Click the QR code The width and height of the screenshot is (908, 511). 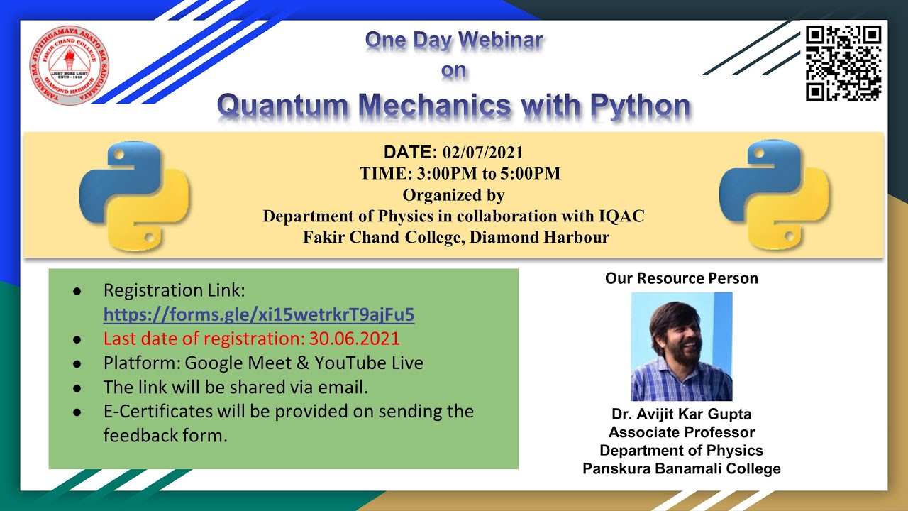843,63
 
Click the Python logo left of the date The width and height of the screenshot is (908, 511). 134,195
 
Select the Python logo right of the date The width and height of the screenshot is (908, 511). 774,195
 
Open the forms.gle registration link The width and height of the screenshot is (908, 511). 259,314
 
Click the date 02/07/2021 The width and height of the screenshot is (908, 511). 483,152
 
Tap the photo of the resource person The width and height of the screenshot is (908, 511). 681,346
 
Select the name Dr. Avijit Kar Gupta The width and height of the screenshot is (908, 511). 681,414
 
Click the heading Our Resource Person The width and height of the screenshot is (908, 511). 681,278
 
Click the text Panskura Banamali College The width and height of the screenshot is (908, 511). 681,468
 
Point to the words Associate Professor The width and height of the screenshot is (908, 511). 681,432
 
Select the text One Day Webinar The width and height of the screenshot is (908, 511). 454,41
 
